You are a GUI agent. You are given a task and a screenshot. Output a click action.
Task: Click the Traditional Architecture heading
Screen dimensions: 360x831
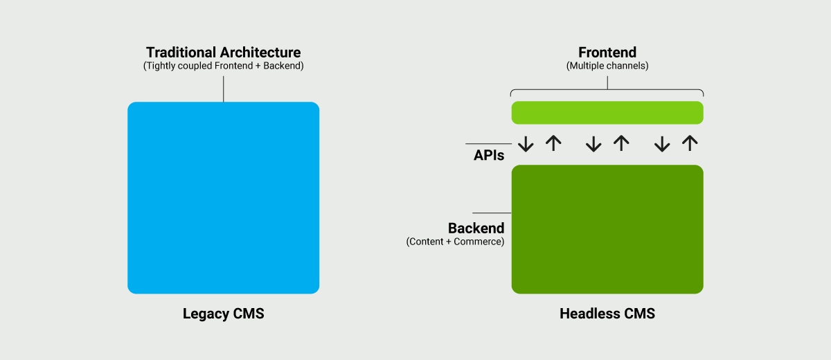[223, 53]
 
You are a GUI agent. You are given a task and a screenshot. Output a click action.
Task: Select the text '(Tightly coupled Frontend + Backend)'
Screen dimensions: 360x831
[223, 66]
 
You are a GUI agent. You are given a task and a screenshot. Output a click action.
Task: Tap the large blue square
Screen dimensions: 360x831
[223, 198]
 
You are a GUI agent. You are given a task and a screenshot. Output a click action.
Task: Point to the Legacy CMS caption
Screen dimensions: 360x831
[223, 314]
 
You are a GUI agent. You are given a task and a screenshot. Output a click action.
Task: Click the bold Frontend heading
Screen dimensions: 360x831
[607, 53]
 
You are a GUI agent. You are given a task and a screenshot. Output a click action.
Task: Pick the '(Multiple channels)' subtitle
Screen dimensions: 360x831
[607, 66]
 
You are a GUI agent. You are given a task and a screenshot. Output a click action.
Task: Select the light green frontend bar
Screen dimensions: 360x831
[607, 112]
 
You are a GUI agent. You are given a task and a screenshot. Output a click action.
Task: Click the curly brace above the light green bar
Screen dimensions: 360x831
[607, 90]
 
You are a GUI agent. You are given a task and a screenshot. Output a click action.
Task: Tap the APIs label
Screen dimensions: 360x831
[488, 156]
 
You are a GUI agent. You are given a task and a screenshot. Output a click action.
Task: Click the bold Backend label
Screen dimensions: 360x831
[476, 228]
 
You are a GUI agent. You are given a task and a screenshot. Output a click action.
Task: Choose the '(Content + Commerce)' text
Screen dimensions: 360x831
[455, 242]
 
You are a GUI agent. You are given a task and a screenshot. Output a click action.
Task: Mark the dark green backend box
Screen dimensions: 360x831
[607, 229]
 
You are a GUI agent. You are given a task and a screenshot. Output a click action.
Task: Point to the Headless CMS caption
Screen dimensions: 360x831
[607, 314]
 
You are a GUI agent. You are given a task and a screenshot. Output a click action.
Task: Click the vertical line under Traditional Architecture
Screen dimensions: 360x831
[223, 89]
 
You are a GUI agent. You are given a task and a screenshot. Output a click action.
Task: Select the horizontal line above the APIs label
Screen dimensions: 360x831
[488, 144]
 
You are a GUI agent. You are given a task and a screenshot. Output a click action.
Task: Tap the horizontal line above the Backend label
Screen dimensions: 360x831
[491, 213]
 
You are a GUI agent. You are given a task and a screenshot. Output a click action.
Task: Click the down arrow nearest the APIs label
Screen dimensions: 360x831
[526, 143]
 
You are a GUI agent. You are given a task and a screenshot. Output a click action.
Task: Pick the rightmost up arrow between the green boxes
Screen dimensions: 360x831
[689, 143]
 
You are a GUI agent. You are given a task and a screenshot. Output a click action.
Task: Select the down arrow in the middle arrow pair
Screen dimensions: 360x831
[593, 143]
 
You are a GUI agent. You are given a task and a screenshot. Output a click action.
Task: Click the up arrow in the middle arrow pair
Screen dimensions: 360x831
[621, 143]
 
